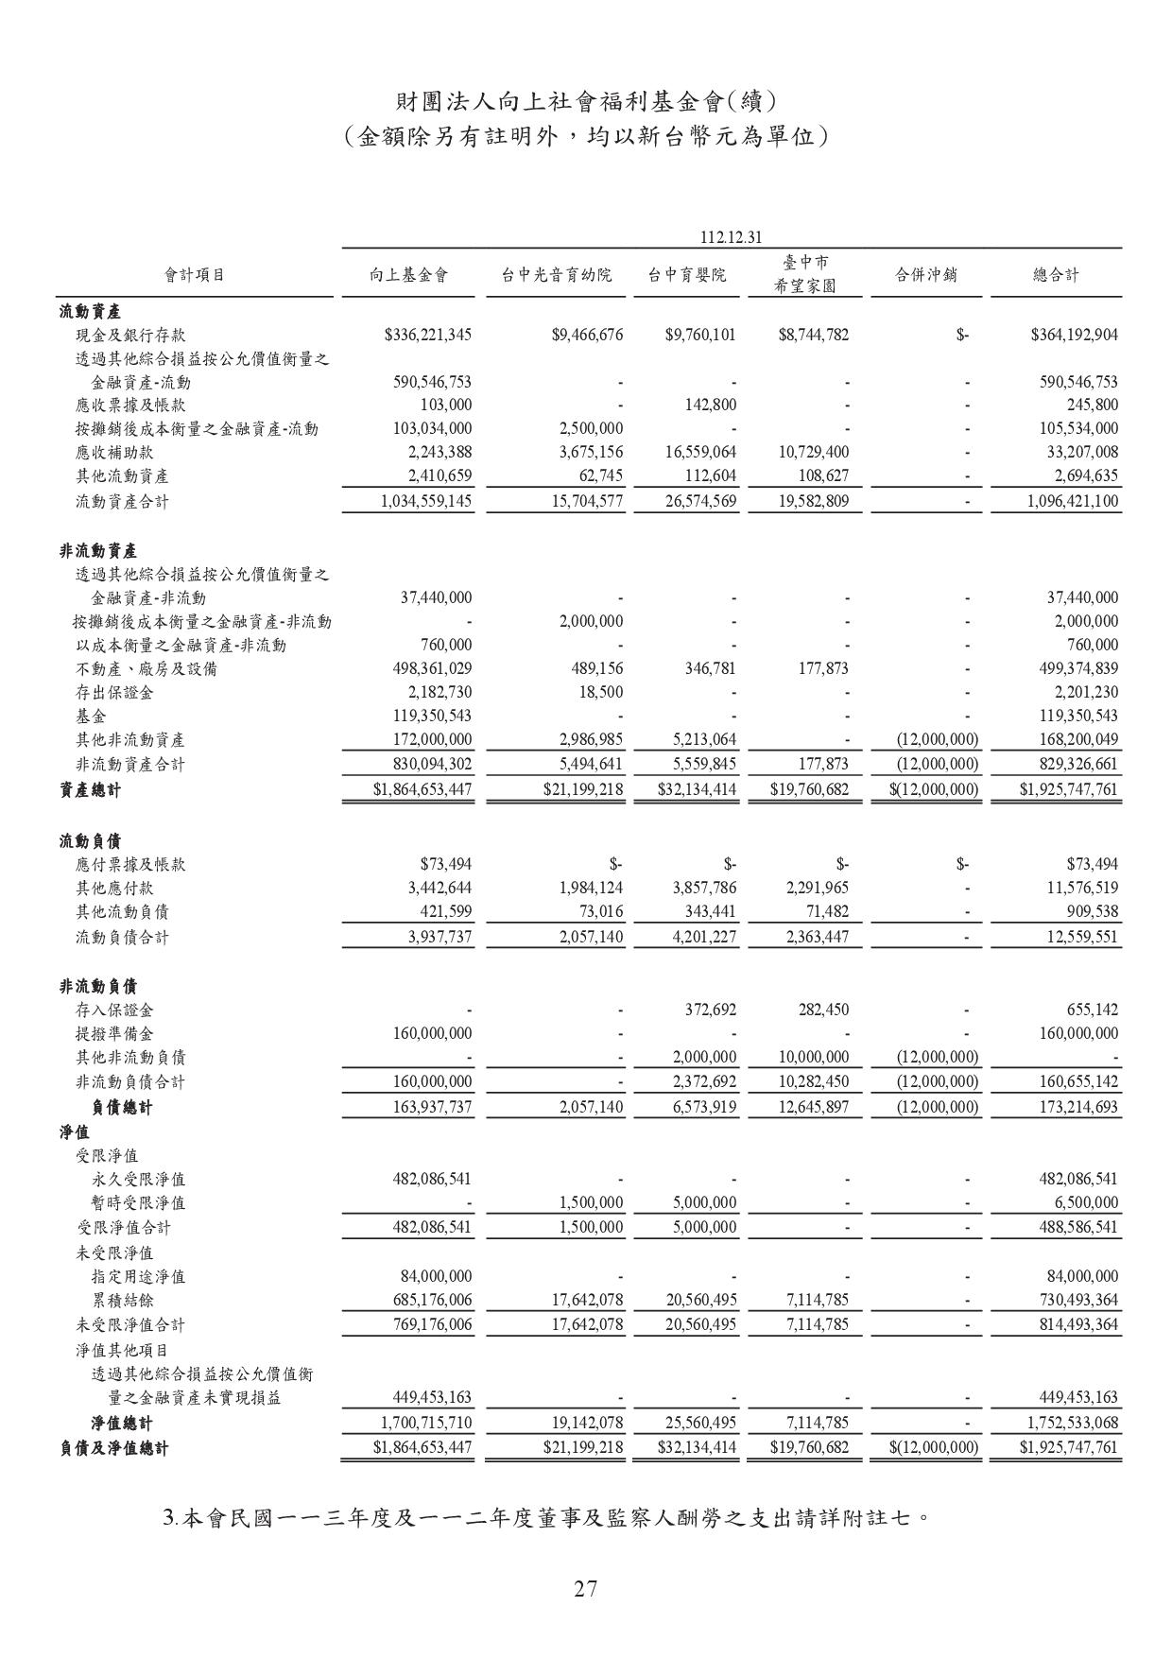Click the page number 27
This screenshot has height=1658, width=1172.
(585, 1588)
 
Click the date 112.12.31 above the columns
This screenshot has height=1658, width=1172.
(732, 235)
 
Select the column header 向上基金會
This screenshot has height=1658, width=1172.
(408, 275)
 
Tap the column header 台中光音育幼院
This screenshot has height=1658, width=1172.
(556, 275)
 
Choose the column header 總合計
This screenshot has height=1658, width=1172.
(1055, 275)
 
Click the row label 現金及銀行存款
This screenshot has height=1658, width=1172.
(130, 335)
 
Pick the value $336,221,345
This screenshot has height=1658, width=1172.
(428, 335)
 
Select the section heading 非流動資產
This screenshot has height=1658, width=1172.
(98, 550)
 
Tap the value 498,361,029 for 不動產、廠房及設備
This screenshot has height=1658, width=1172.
(432, 668)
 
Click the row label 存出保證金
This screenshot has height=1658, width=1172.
(114, 692)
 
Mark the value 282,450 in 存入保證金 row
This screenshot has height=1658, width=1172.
(823, 1010)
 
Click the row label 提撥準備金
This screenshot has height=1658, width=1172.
(114, 1033)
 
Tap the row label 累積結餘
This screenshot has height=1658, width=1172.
(123, 1300)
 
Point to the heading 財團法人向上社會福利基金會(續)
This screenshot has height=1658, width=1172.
(585, 100)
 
